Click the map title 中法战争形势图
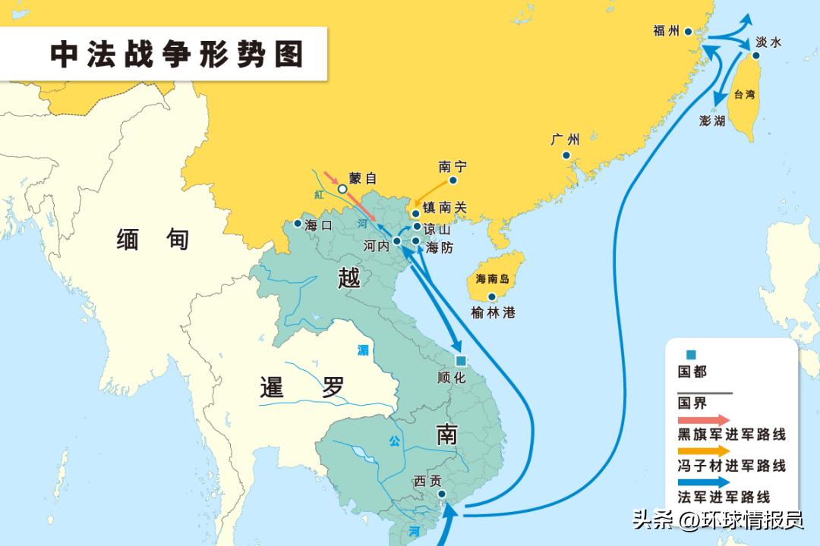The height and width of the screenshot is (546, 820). point(177,55)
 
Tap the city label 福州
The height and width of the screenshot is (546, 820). point(666,31)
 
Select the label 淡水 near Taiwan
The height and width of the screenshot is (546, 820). point(768,43)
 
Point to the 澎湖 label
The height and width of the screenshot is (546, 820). point(711,121)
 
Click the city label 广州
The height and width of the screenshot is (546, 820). point(566,140)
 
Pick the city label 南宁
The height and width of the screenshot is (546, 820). point(453,166)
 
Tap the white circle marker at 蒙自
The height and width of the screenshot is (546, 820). point(342,188)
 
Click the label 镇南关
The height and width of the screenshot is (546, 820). point(445,207)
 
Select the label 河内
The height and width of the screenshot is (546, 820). point(376,245)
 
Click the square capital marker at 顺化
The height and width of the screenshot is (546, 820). point(460,361)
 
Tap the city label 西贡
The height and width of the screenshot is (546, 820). point(427,480)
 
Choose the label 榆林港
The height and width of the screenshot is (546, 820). point(493,312)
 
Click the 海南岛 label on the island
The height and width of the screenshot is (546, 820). point(491,278)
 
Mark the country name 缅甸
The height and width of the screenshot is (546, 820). point(153,240)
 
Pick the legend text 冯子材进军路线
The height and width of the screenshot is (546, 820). point(731,466)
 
